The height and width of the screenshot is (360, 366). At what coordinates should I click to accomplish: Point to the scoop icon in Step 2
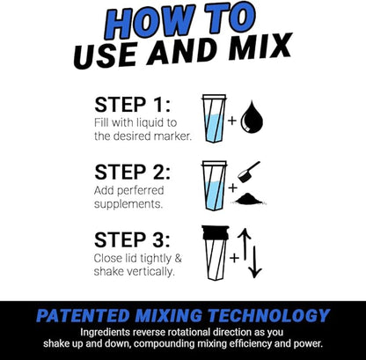pos(253,170)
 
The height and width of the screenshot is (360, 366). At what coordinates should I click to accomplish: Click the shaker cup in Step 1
pos(214,118)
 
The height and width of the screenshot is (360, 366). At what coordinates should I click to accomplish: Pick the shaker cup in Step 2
pos(214,183)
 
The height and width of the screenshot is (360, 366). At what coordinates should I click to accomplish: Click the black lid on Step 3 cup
pos(214,233)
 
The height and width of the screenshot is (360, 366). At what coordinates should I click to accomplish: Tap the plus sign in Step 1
pos(233,119)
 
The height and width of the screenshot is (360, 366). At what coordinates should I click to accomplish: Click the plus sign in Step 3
pos(233,258)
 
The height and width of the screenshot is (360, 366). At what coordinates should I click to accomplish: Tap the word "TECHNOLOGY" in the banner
pos(268,314)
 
